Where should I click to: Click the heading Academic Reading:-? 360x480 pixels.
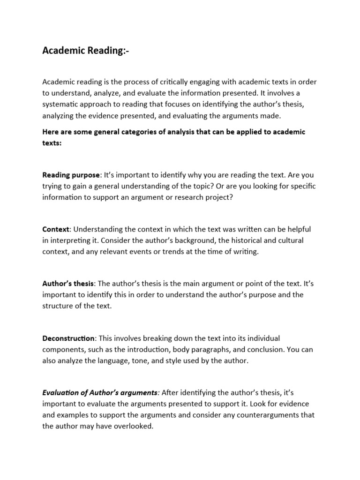click(x=85, y=51)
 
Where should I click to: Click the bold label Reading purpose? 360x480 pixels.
click(x=71, y=175)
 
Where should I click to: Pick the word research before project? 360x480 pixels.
click(x=187, y=197)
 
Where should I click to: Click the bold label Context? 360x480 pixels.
click(x=56, y=229)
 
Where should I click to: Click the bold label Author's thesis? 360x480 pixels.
click(x=68, y=284)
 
